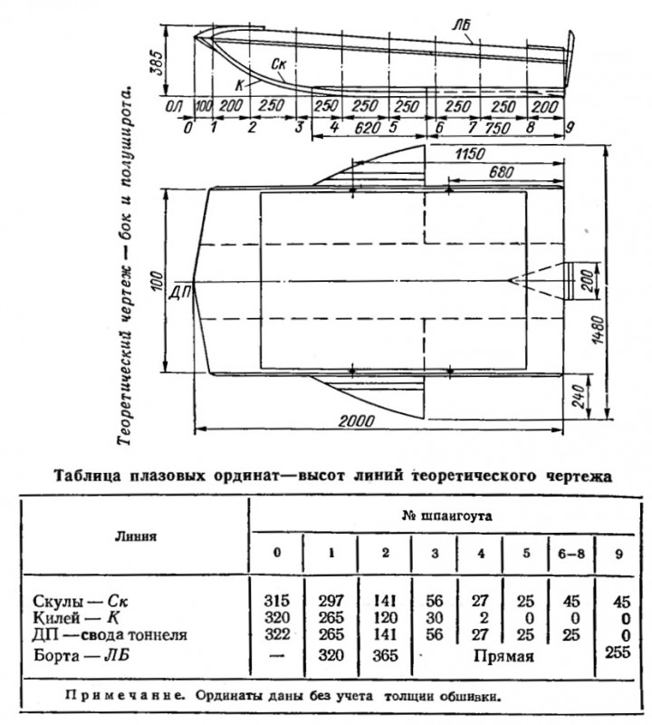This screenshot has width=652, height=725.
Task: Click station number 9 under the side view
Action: pyautogui.click(x=570, y=128)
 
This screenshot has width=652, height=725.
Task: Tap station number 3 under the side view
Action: pyautogui.click(x=297, y=128)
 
